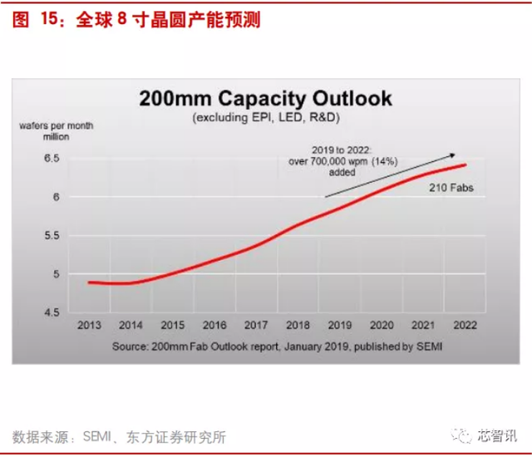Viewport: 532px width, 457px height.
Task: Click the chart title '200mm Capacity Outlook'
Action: (x=265, y=99)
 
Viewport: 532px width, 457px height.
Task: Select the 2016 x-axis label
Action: (x=214, y=325)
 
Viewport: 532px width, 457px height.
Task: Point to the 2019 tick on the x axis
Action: (x=341, y=325)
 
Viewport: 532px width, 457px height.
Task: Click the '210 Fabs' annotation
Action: (x=451, y=189)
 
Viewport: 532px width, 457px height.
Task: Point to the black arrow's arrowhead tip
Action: (x=456, y=154)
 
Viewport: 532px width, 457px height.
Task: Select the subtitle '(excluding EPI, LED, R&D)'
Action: (x=265, y=118)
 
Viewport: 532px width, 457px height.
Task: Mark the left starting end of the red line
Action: (x=89, y=283)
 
